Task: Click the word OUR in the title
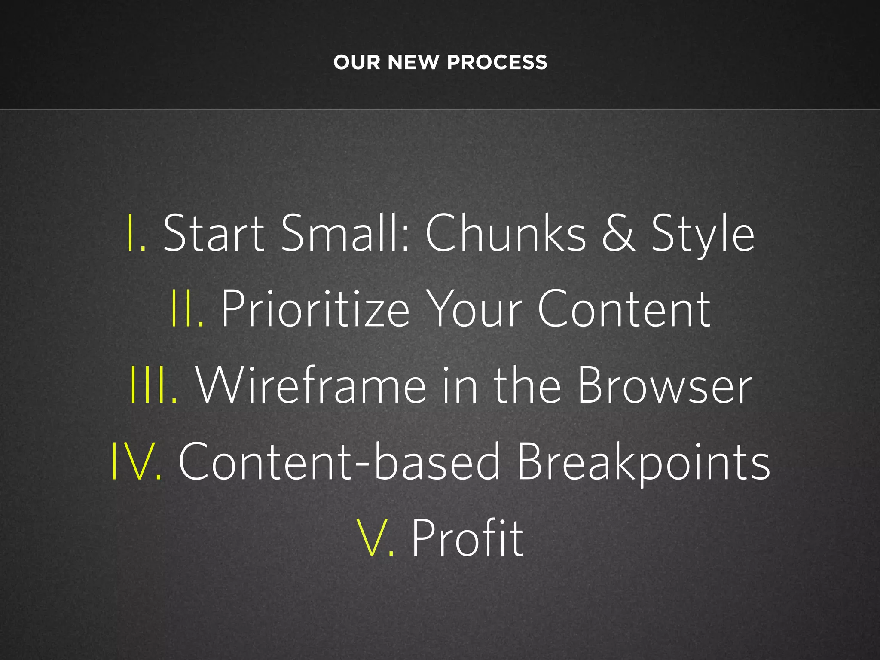point(357,62)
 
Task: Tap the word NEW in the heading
point(413,62)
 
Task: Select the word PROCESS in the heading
point(497,62)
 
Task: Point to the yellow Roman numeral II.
point(187,309)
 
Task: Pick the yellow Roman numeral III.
point(153,385)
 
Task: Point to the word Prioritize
point(315,309)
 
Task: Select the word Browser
point(664,385)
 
